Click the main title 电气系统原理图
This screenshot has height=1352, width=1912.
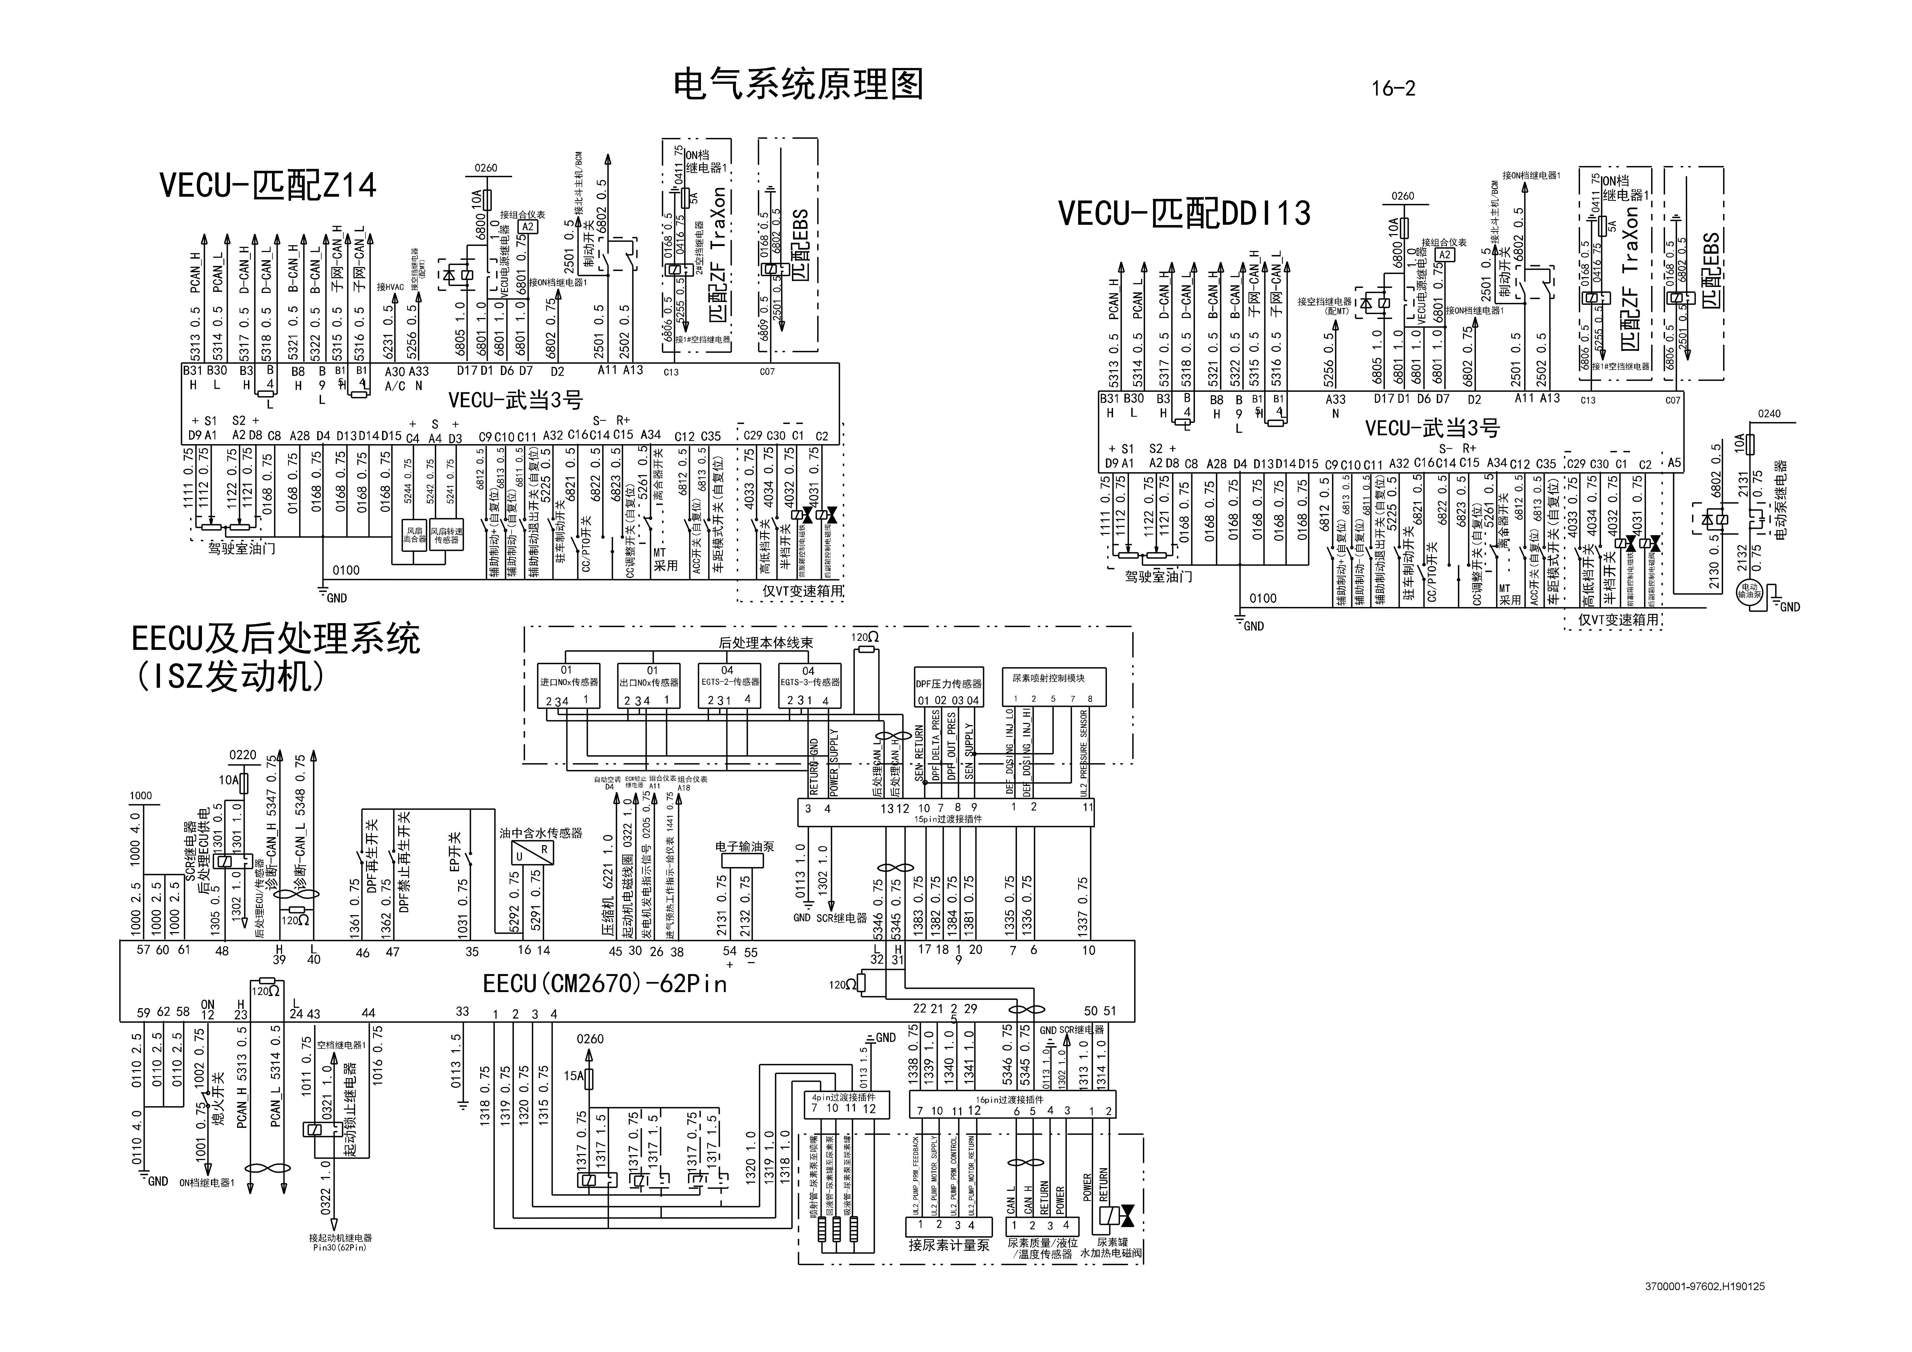click(798, 84)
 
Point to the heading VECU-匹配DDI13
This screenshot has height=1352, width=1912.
click(1184, 213)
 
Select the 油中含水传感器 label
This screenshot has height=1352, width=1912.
click(540, 832)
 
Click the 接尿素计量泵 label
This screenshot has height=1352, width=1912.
click(948, 1245)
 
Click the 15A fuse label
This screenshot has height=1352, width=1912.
click(573, 1075)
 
